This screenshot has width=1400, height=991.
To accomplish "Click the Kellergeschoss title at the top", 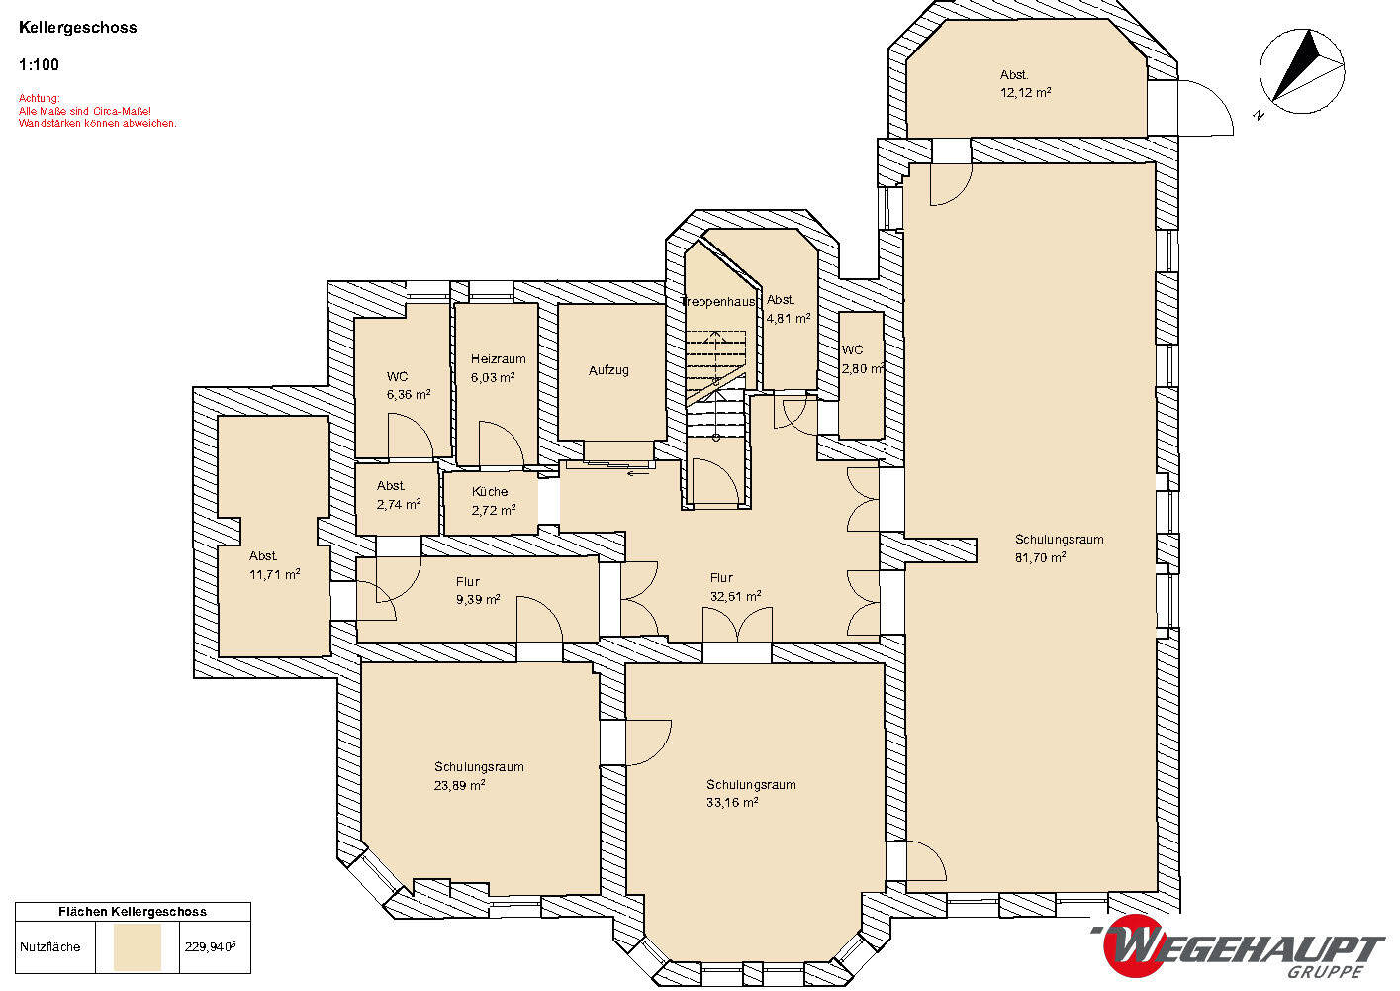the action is pyautogui.click(x=78, y=28).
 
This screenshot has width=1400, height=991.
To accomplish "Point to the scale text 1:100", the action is pyautogui.click(x=39, y=65).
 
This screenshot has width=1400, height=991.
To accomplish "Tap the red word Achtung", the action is pyautogui.click(x=39, y=98).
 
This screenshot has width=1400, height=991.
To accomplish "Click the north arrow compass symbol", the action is pyautogui.click(x=1302, y=70).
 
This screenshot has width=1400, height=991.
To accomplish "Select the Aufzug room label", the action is pyautogui.click(x=608, y=370).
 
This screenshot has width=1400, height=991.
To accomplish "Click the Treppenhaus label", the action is pyautogui.click(x=718, y=302).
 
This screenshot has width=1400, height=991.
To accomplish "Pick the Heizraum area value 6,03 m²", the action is pyautogui.click(x=493, y=377).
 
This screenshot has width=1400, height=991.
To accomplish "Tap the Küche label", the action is pyautogui.click(x=490, y=491).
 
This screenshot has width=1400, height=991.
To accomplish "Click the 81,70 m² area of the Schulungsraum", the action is pyautogui.click(x=1040, y=557).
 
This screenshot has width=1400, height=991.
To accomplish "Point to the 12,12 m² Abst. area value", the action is pyautogui.click(x=1026, y=93).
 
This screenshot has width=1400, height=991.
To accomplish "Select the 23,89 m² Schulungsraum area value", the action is pyautogui.click(x=459, y=785).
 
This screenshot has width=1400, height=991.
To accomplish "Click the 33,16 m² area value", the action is pyautogui.click(x=732, y=802).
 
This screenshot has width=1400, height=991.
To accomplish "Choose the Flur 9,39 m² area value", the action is pyautogui.click(x=478, y=600).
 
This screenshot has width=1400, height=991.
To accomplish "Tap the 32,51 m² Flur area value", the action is pyautogui.click(x=736, y=596).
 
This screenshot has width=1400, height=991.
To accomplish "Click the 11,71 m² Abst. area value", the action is pyautogui.click(x=275, y=574).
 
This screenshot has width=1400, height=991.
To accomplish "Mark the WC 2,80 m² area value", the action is pyautogui.click(x=863, y=369).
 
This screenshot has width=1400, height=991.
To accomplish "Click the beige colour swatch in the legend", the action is pyautogui.click(x=138, y=947).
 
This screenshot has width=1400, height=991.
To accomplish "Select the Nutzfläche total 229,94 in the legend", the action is pyautogui.click(x=210, y=947).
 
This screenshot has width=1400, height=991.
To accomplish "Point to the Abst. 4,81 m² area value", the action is pyautogui.click(x=789, y=318).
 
